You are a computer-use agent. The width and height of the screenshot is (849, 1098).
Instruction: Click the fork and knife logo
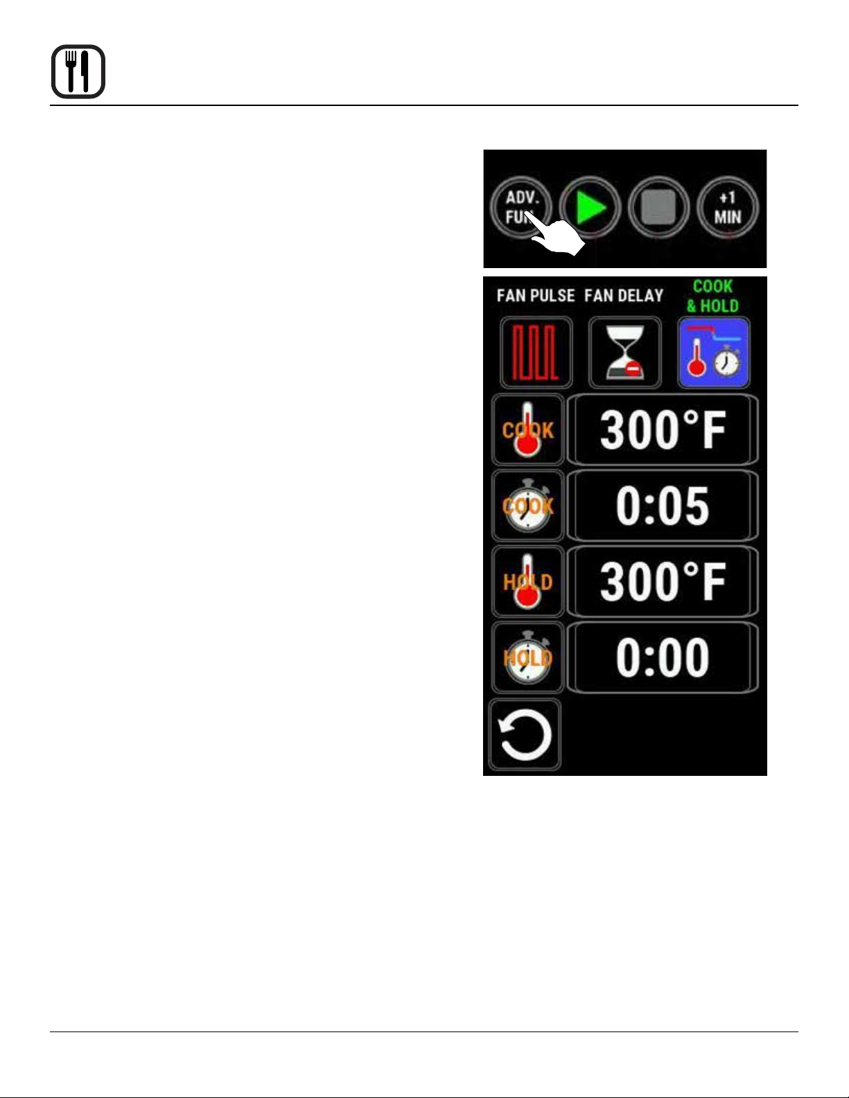[78, 72]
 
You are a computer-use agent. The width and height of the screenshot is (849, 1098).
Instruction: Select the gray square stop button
[658, 207]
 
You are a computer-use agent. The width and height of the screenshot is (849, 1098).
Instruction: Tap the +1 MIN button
[727, 207]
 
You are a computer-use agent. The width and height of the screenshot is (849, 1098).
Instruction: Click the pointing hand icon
[558, 239]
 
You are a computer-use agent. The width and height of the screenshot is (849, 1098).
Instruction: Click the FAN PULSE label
[536, 296]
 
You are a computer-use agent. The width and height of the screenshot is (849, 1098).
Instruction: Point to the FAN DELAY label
[624, 296]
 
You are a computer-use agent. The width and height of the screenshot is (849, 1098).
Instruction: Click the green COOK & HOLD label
[712, 296]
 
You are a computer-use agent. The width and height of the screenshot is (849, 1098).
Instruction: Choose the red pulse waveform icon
[536, 353]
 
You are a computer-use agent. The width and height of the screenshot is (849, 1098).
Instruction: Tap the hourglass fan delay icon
[624, 353]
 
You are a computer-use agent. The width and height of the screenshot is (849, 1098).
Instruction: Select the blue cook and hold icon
[713, 353]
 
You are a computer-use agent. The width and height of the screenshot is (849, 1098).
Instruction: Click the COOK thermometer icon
[527, 430]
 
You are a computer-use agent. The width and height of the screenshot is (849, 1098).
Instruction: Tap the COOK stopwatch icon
[527, 505]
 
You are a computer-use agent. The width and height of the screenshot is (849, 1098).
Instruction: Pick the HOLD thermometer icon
[527, 581]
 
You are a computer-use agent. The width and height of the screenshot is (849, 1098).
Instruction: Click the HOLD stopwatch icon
[527, 657]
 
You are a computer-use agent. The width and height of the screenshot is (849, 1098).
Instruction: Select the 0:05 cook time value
[663, 505]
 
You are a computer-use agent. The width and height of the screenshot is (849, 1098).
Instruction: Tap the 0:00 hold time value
[663, 657]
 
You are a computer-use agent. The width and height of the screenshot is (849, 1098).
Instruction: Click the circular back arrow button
[525, 735]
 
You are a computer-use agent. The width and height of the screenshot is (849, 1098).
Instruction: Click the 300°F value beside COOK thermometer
[663, 430]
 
